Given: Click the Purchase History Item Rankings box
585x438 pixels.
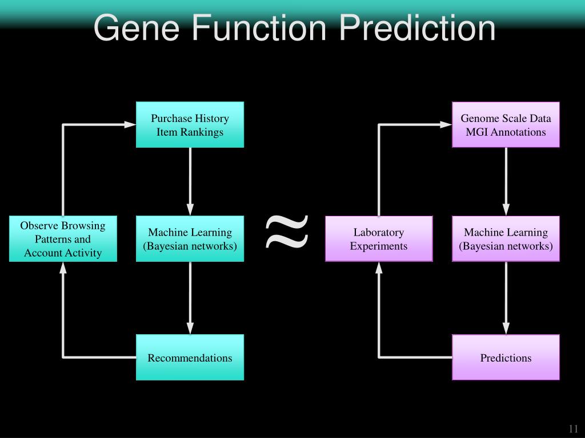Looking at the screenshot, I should pos(190,125).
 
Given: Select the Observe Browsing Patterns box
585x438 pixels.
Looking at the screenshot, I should pos(63,239).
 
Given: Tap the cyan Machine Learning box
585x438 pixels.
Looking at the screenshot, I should pos(190,239).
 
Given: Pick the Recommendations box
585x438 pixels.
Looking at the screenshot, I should pos(190,358).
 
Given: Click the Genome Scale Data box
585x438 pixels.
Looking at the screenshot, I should pos(506,125).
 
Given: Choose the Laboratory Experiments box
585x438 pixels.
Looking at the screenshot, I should pos(379,239).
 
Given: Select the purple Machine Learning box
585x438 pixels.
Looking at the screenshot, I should pos(506,239).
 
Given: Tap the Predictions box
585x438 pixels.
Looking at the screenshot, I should pos(506,358).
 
